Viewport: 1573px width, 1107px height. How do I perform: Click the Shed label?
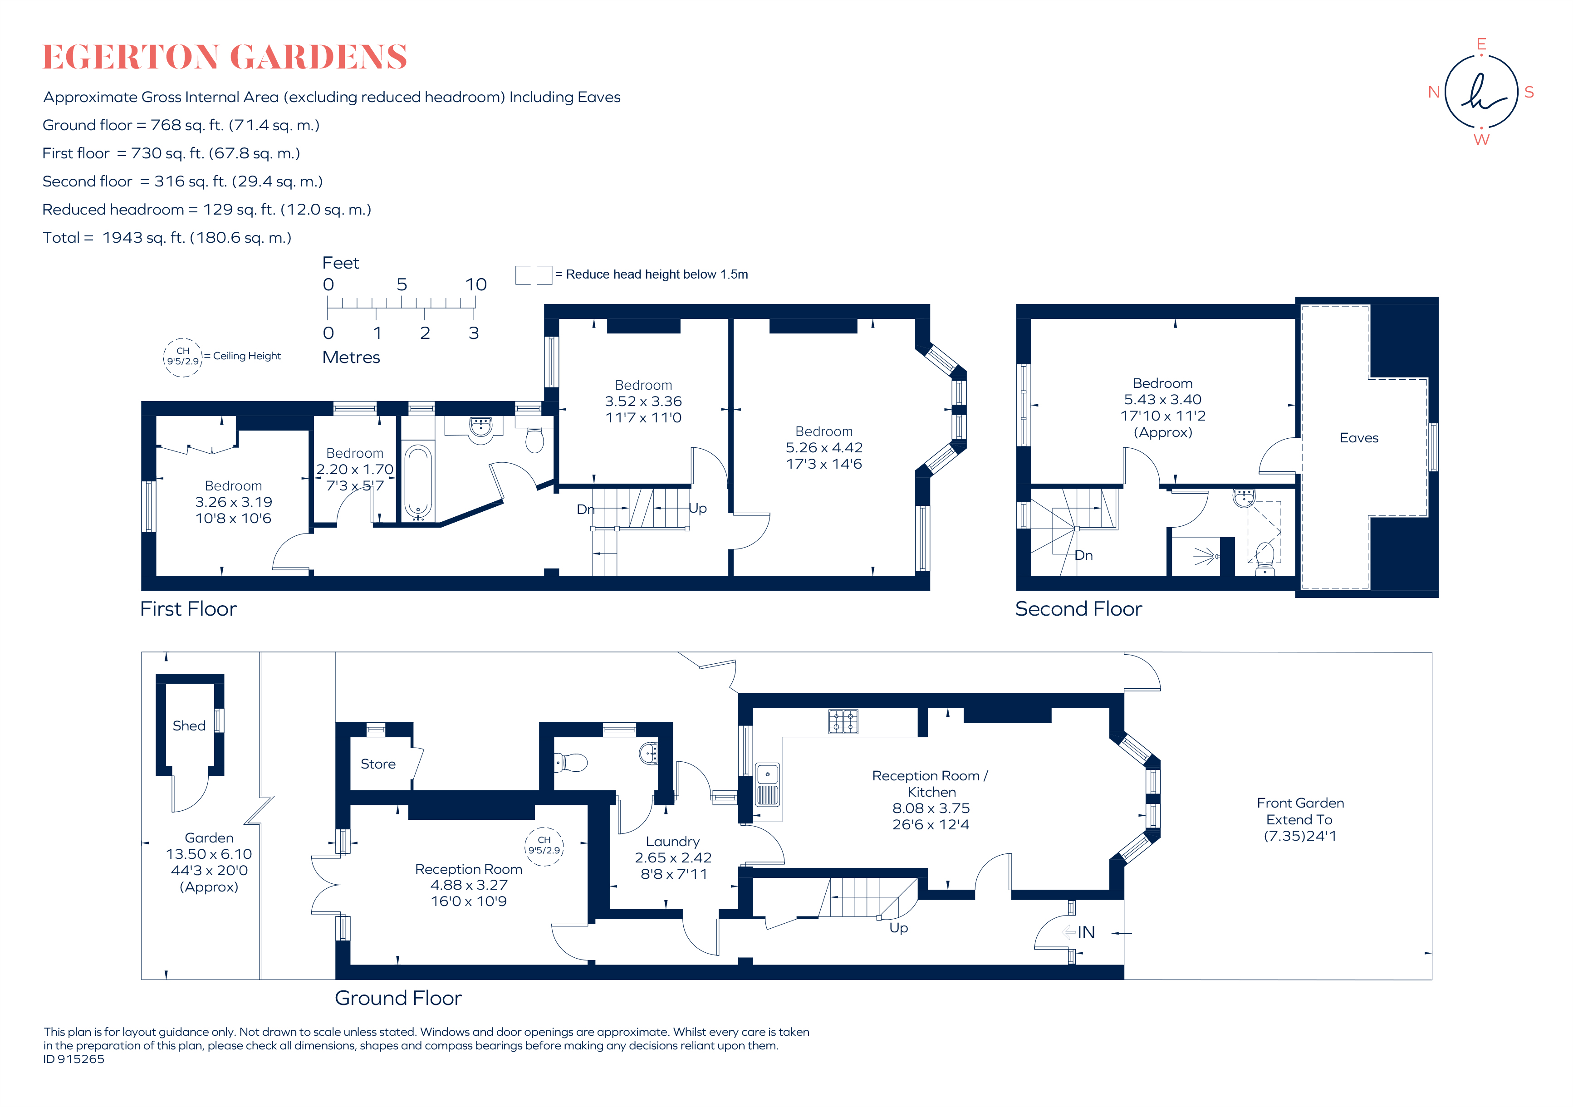click(x=189, y=725)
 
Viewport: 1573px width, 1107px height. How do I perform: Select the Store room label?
click(x=378, y=764)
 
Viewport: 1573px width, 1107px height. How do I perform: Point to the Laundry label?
click(x=673, y=841)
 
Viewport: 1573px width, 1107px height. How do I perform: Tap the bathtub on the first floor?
click(x=418, y=481)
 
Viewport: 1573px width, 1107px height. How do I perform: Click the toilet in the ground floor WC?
click(x=571, y=762)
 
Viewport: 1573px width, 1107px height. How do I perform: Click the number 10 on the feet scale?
click(x=476, y=284)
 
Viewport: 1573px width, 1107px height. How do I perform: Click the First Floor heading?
click(x=188, y=609)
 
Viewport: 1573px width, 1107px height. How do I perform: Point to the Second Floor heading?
click(x=1078, y=609)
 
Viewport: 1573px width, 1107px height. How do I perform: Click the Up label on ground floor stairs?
click(x=898, y=928)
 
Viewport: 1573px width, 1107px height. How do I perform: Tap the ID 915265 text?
click(x=74, y=1059)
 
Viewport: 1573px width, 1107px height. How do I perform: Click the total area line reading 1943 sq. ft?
click(x=167, y=238)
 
